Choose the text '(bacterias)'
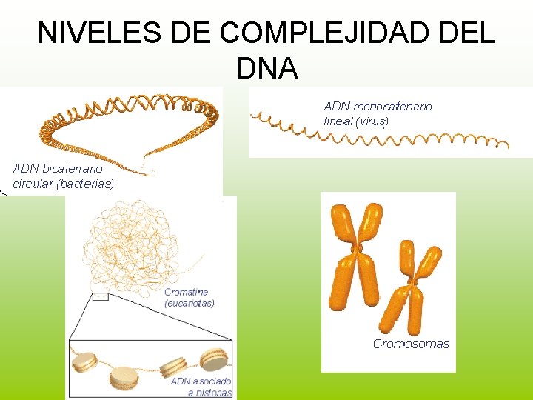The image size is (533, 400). (x=86, y=183)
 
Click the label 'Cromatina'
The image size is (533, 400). (x=187, y=292)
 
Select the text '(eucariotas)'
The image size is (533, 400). (x=190, y=303)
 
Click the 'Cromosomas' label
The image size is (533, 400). (x=411, y=344)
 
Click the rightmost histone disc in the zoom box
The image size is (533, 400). (x=215, y=360)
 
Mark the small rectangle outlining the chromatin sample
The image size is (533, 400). (x=101, y=297)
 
